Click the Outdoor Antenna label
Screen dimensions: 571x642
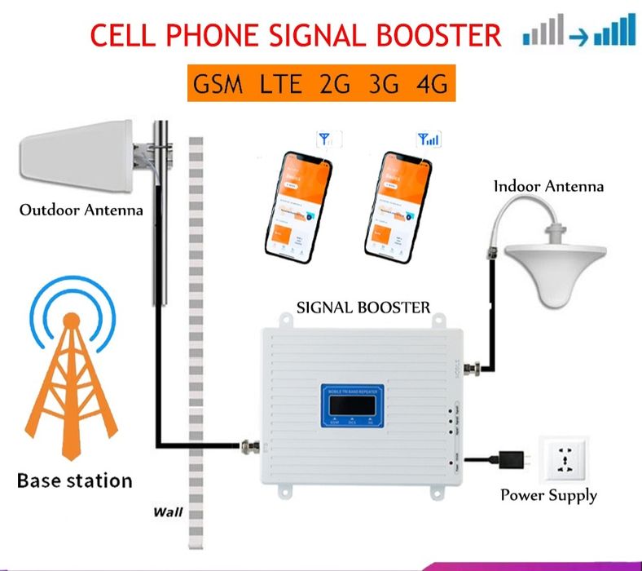(81, 210)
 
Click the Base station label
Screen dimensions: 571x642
(74, 480)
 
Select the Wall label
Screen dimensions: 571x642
(167, 513)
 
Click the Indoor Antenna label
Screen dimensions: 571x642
(548, 187)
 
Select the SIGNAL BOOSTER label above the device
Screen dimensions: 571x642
(363, 308)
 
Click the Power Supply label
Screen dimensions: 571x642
(548, 495)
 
